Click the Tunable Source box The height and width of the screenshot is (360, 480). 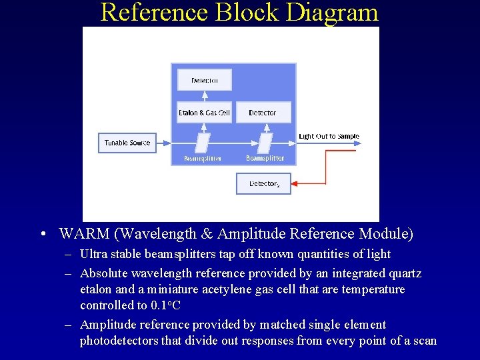tap(127, 143)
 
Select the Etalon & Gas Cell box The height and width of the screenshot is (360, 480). tap(204, 113)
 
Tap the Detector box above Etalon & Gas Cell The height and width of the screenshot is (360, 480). tap(204, 80)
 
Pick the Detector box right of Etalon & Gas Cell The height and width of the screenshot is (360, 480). tap(263, 113)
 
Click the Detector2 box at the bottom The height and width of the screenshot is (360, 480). tap(264, 183)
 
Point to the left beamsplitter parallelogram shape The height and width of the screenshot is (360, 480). tap(203, 143)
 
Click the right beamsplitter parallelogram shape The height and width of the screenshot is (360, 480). tap(265, 143)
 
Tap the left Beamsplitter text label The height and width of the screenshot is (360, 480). tap(203, 159)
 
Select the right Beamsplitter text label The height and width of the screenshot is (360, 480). tap(265, 159)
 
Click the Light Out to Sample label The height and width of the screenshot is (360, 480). tap(329, 137)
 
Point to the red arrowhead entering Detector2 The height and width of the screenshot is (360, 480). tap(297, 183)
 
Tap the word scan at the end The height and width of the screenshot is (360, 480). tap(424, 341)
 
